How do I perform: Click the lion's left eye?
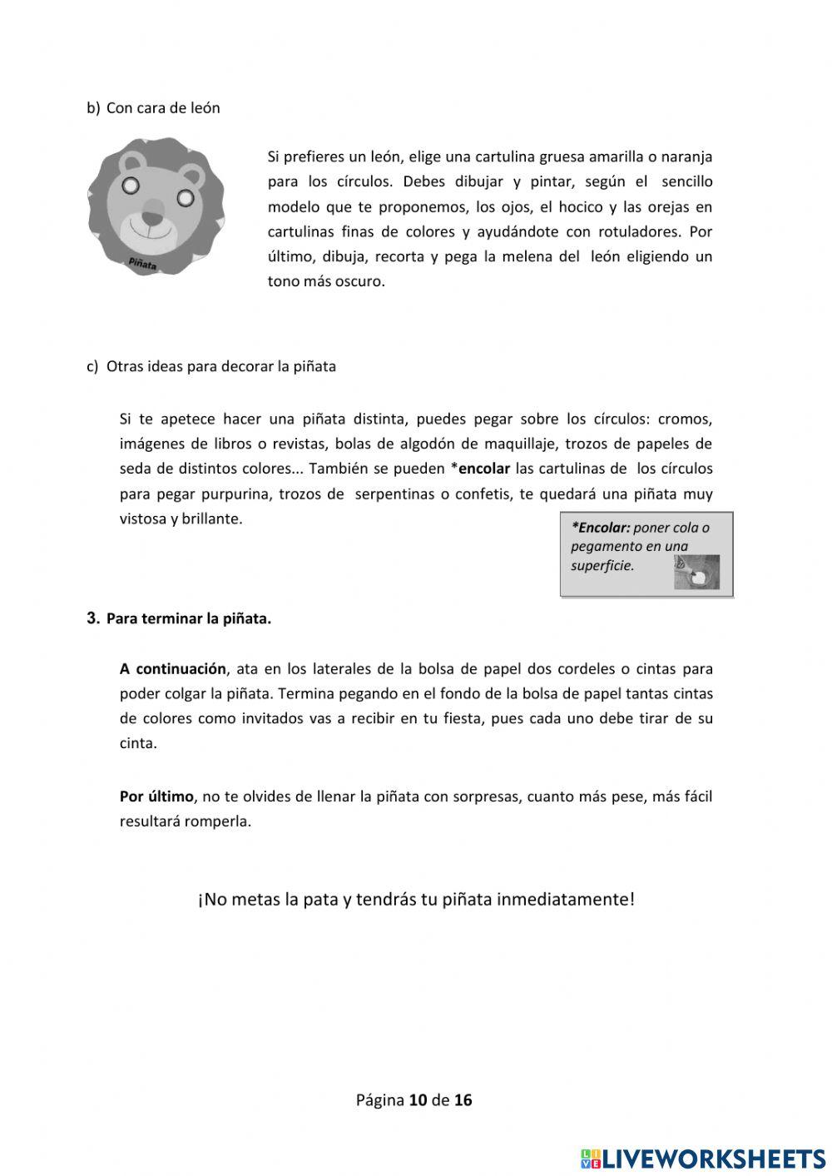(131, 185)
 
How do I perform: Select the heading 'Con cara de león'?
(163, 108)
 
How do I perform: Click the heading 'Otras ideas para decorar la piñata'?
(221, 366)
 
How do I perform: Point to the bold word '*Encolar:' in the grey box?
(601, 528)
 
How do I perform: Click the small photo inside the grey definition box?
(696, 573)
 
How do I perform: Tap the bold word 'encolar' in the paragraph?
(484, 469)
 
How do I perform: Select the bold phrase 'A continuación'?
(173, 668)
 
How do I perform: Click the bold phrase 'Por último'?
(156, 796)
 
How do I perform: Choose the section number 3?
(92, 618)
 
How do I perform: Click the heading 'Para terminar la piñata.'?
(189, 619)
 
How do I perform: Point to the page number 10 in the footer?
(418, 1100)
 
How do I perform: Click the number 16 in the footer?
(463, 1100)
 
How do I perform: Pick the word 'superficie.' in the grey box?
(602, 566)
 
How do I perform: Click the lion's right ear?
(193, 175)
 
